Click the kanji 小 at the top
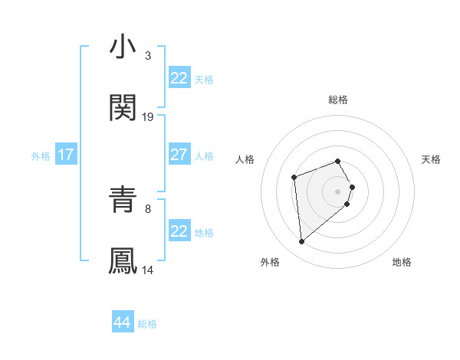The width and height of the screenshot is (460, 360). click(x=123, y=47)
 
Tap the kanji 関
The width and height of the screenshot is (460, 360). click(x=123, y=109)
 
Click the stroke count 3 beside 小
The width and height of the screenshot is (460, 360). click(x=147, y=55)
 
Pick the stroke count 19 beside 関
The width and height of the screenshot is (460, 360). click(x=148, y=116)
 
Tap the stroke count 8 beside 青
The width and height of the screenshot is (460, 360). click(x=147, y=208)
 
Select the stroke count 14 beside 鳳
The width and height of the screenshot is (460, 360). click(x=148, y=270)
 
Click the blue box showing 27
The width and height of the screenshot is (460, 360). click(x=179, y=155)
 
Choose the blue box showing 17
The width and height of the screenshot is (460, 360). click(x=66, y=155)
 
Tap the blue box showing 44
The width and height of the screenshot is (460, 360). click(x=123, y=322)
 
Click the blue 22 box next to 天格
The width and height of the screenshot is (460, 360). click(x=179, y=78)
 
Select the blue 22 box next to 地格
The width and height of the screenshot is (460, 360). click(x=179, y=231)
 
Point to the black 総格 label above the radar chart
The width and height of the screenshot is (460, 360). click(x=338, y=100)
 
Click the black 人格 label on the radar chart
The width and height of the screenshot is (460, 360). click(x=245, y=159)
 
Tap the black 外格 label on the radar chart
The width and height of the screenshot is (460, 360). click(x=270, y=262)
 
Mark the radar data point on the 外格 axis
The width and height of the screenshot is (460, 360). click(x=302, y=242)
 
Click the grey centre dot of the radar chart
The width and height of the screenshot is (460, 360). click(x=338, y=191)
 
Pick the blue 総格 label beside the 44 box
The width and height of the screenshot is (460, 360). click(x=147, y=324)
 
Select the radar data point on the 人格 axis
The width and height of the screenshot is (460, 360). click(x=294, y=178)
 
